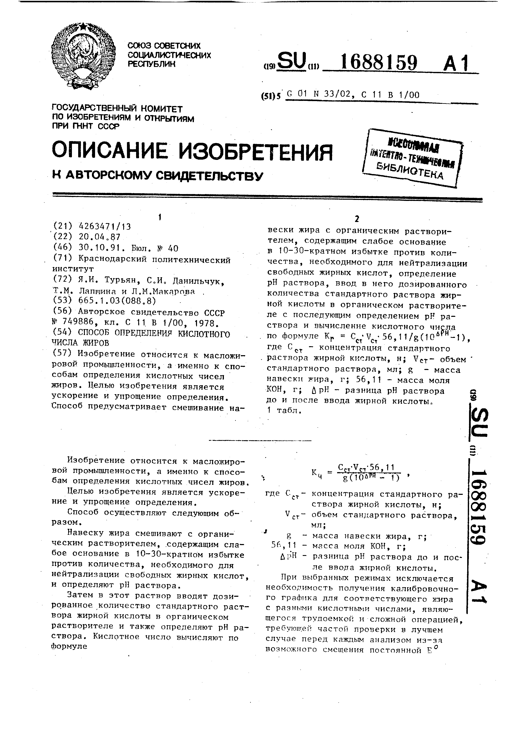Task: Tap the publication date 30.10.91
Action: [x=99, y=248]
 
